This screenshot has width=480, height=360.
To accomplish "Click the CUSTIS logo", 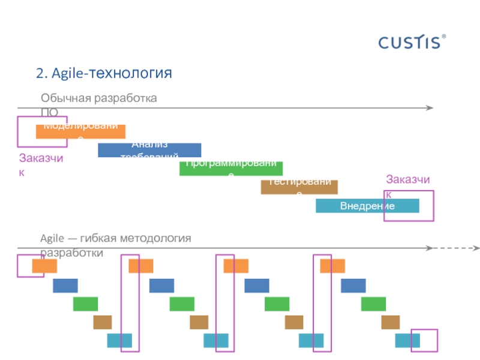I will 412,41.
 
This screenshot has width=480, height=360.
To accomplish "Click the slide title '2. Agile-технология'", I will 104,73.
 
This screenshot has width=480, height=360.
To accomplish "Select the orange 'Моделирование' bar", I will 80,131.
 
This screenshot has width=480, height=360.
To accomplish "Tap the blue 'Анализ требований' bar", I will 149,150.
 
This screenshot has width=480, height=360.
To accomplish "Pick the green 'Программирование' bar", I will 231,169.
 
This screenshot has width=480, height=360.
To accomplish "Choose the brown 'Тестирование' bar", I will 299,187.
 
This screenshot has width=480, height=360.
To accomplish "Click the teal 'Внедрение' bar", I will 367,206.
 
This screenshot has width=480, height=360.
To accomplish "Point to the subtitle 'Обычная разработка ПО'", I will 99,102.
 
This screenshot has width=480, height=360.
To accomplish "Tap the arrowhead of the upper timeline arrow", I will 430,108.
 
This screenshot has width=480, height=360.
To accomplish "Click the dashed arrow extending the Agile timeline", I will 456,248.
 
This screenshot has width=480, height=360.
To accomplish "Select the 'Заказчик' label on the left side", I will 41,163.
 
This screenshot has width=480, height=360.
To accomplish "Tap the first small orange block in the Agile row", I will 44,266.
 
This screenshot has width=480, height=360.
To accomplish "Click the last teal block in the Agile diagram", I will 407,341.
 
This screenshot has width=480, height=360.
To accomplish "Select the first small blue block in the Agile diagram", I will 65,286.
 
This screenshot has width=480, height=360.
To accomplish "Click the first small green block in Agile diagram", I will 85,304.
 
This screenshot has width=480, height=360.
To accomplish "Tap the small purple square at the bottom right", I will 424,340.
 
